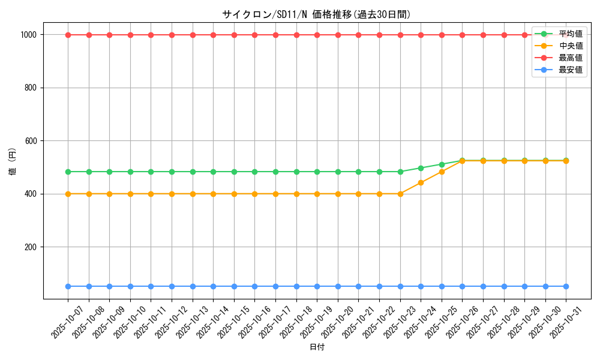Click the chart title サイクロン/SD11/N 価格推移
click(x=316, y=14)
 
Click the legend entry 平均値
click(x=570, y=34)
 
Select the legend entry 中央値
click(x=570, y=46)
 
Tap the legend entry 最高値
click(x=570, y=58)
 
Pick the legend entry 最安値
click(x=570, y=70)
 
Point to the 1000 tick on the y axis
click(x=29, y=35)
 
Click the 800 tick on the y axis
click(x=31, y=88)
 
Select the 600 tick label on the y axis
click(x=31, y=141)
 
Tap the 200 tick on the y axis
click(x=31, y=247)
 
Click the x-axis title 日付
click(x=317, y=347)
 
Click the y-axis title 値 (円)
click(x=13, y=162)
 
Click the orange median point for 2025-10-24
click(x=421, y=182)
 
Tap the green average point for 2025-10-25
click(x=442, y=164)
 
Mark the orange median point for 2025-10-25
click(x=442, y=172)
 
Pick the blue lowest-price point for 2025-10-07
click(x=68, y=286)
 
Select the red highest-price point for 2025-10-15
click(x=234, y=35)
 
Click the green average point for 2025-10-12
click(x=172, y=172)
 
